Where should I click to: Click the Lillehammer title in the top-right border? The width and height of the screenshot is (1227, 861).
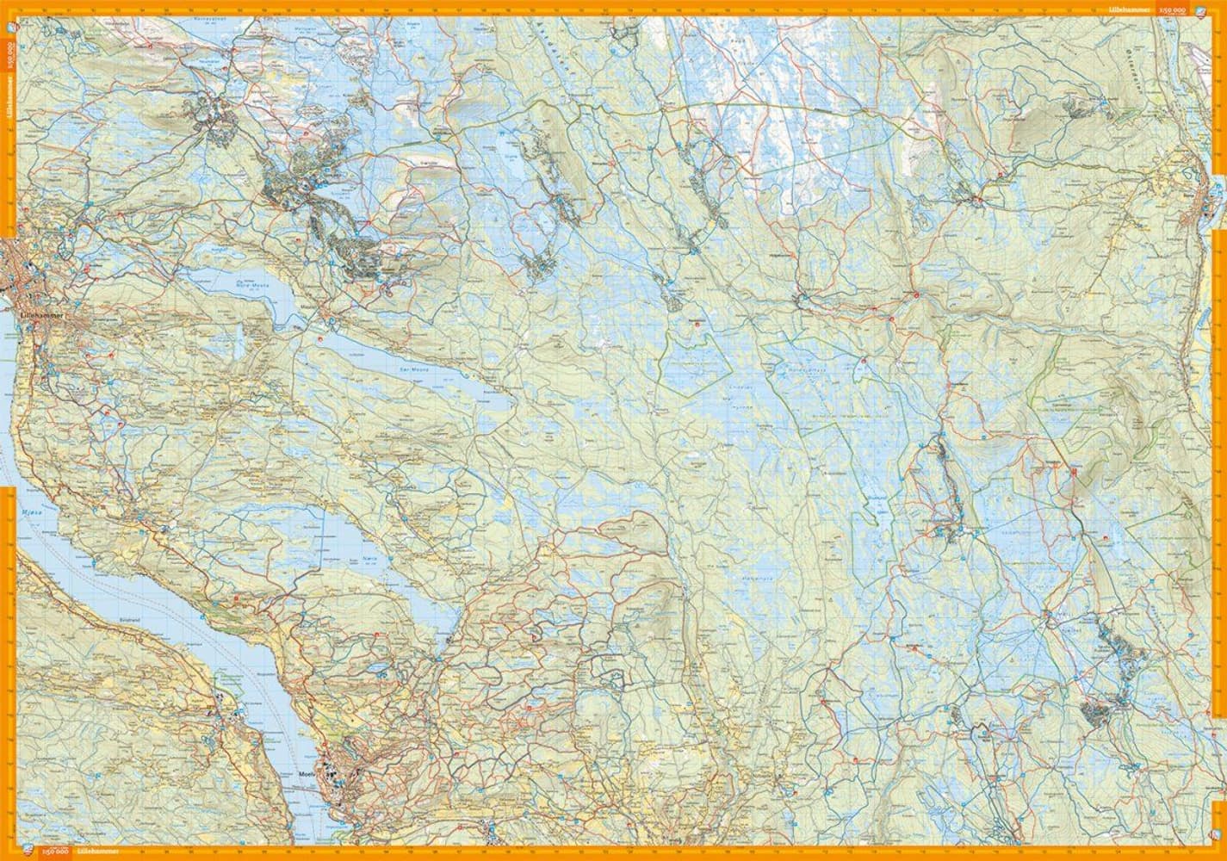pyautogui.click(x=1128, y=9)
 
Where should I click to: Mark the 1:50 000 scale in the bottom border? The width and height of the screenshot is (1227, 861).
pyautogui.click(x=57, y=852)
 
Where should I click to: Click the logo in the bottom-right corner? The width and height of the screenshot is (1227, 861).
pyautogui.click(x=1216, y=833)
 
